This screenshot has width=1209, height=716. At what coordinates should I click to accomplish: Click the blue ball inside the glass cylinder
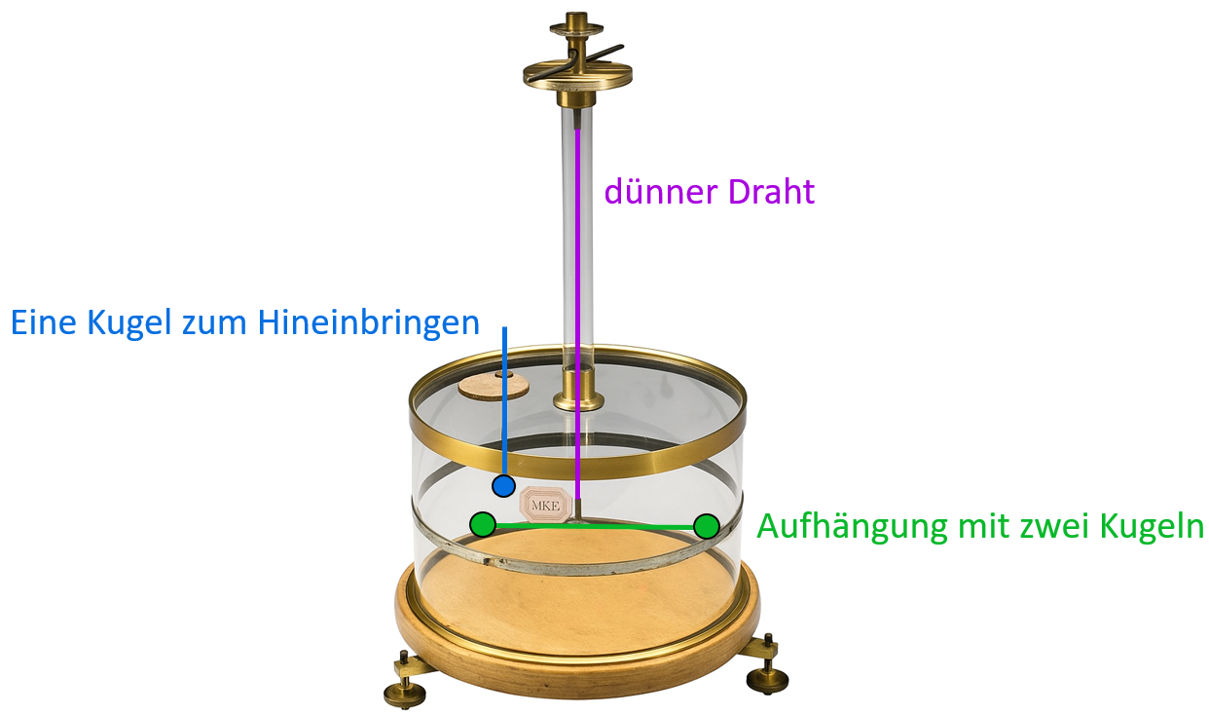(503, 485)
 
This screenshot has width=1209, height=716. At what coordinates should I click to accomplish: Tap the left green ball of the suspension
(482, 525)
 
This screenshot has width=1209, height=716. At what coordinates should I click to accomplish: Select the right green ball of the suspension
(707, 527)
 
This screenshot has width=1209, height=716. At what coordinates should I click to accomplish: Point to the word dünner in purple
(653, 192)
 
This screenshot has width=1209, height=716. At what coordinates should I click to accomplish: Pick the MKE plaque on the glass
(541, 503)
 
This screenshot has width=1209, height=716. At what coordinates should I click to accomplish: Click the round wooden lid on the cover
(494, 385)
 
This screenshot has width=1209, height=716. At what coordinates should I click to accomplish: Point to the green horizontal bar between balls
(594, 526)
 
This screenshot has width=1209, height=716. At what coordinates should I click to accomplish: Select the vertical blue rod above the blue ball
(504, 399)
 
